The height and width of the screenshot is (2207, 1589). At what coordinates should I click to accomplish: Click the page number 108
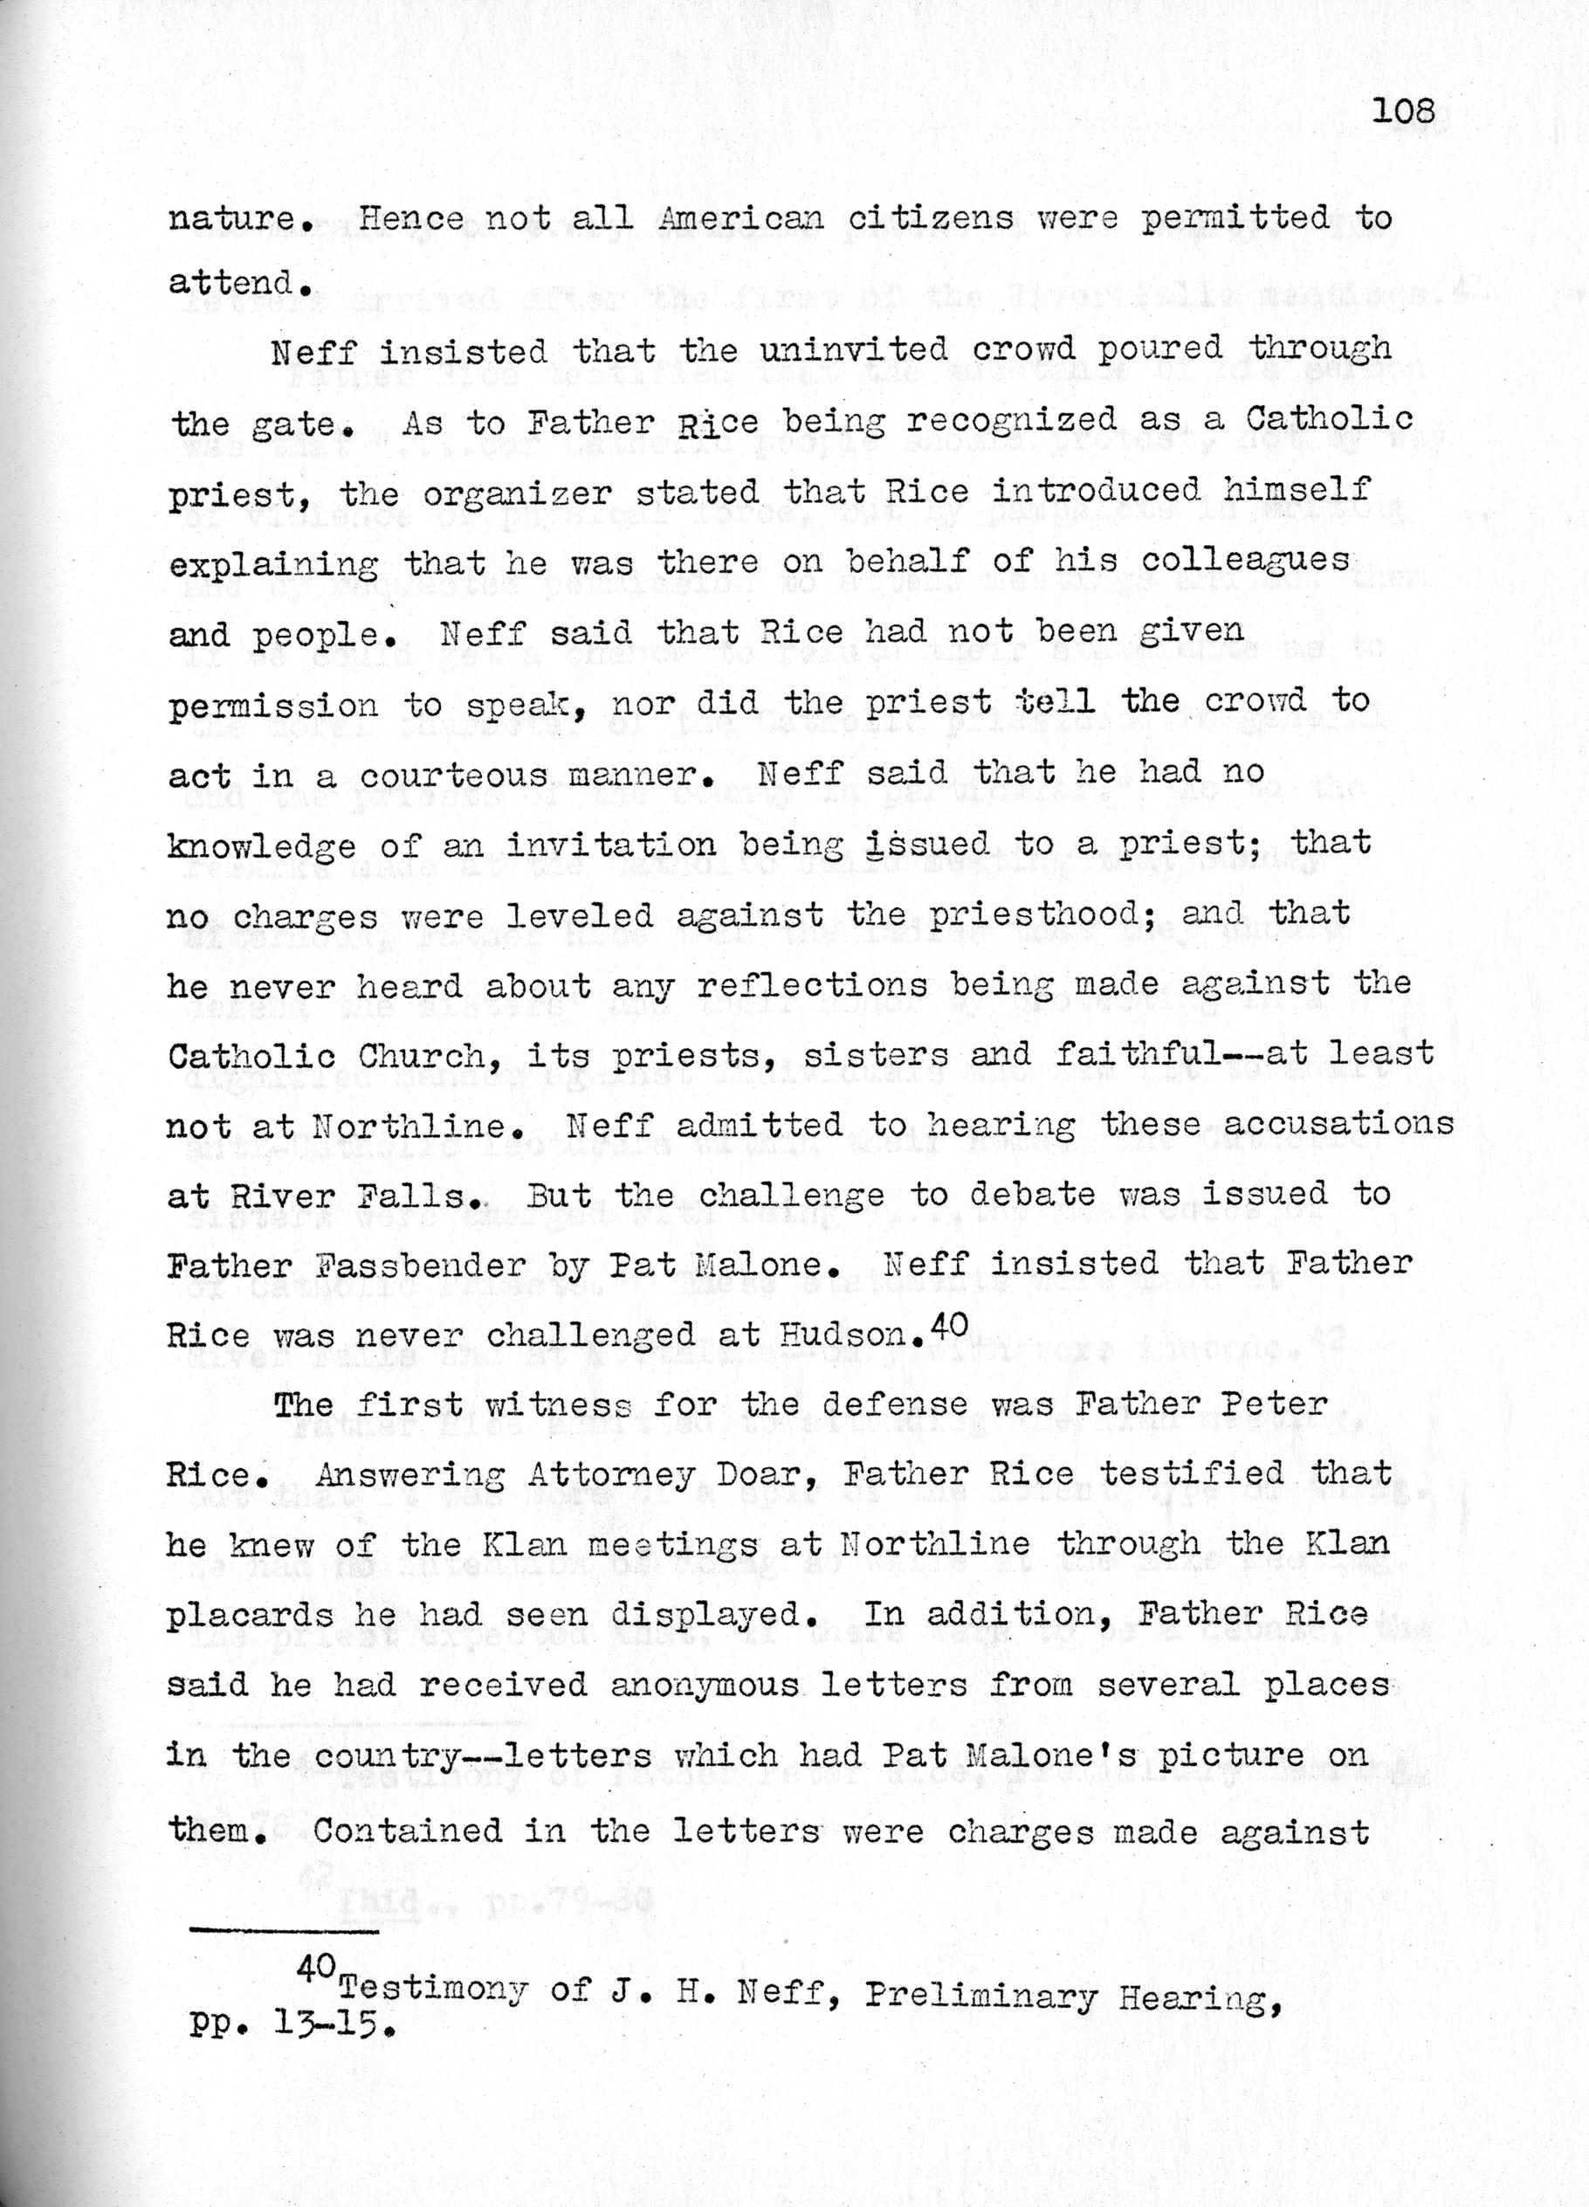(1403, 112)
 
